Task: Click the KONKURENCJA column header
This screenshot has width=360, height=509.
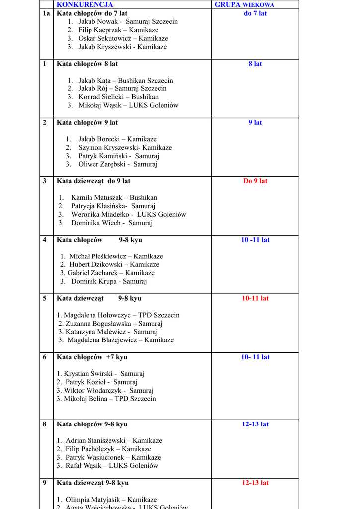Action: click(x=85, y=4)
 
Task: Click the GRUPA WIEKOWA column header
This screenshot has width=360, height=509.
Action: click(x=244, y=4)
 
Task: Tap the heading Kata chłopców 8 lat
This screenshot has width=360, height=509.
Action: click(x=87, y=64)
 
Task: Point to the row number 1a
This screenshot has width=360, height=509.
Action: click(x=46, y=13)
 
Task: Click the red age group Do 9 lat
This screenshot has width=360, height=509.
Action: click(x=255, y=181)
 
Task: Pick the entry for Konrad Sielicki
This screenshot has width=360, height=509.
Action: click(x=118, y=97)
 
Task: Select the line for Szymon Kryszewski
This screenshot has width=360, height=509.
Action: click(x=124, y=148)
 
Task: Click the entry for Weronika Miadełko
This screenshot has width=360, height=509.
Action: click(x=128, y=214)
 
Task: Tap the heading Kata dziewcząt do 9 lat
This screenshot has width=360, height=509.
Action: click(x=93, y=181)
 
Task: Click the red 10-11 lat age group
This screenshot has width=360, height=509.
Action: click(x=255, y=298)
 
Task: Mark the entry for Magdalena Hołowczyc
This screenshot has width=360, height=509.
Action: click(x=118, y=315)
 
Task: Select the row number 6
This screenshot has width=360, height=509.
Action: click(x=45, y=357)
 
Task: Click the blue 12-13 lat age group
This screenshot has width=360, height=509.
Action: click(x=255, y=424)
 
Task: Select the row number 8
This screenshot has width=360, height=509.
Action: click(x=45, y=424)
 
